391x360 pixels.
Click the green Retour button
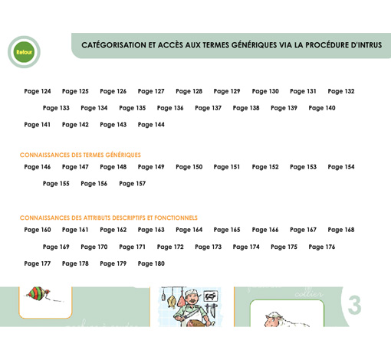pyautogui.click(x=25, y=52)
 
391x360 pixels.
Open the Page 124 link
pyautogui.click(x=38, y=91)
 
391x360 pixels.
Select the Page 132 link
pyautogui.click(x=341, y=91)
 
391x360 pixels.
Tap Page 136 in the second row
pyautogui.click(x=170, y=108)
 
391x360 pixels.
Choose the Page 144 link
pyautogui.click(x=151, y=124)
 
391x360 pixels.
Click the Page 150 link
pyautogui.click(x=189, y=166)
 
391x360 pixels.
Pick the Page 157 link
pyautogui.click(x=132, y=183)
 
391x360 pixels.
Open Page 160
pyautogui.click(x=38, y=229)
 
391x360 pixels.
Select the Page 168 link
pyautogui.click(x=341, y=229)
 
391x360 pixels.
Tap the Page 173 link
pyautogui.click(x=208, y=247)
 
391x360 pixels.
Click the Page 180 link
pyautogui.click(x=151, y=263)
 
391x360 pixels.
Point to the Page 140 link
pyautogui.click(x=322, y=108)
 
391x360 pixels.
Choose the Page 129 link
pyautogui.click(x=227, y=91)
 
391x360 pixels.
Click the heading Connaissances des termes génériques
pyautogui.click(x=80, y=155)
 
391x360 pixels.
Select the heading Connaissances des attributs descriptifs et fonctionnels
pyautogui.click(x=108, y=218)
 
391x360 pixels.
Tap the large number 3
pyautogui.click(x=353, y=304)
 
